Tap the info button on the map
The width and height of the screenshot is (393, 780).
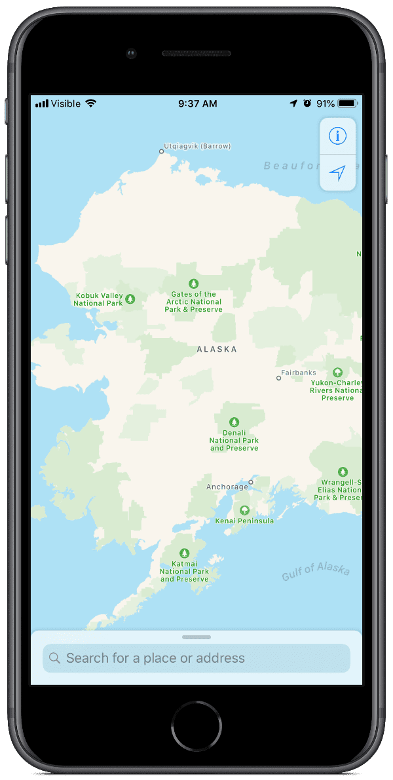coord(338,136)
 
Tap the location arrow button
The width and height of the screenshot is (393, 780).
coord(337,173)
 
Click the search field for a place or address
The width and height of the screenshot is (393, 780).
coord(196,658)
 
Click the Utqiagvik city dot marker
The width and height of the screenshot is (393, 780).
coord(161,152)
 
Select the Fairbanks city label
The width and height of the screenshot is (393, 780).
coord(299,373)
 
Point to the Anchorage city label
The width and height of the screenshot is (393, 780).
coord(227,487)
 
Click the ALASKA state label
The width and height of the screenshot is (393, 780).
coord(217,350)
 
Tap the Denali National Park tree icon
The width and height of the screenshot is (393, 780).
coord(234,422)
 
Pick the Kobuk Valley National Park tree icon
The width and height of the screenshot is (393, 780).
coord(130,299)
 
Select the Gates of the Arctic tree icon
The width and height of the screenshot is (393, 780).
coord(193,284)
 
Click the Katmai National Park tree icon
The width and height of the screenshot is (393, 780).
coord(185,553)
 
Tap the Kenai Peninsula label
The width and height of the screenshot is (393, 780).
coord(244,521)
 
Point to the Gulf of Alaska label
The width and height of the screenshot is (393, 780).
coord(316,571)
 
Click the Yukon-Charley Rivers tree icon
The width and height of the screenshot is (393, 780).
coord(337,372)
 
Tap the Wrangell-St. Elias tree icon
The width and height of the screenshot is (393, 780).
coord(342,472)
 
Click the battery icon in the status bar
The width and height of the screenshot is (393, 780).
coord(347,103)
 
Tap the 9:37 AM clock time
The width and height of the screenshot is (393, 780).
coord(197,103)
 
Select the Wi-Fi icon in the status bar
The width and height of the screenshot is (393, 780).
coord(90,103)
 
